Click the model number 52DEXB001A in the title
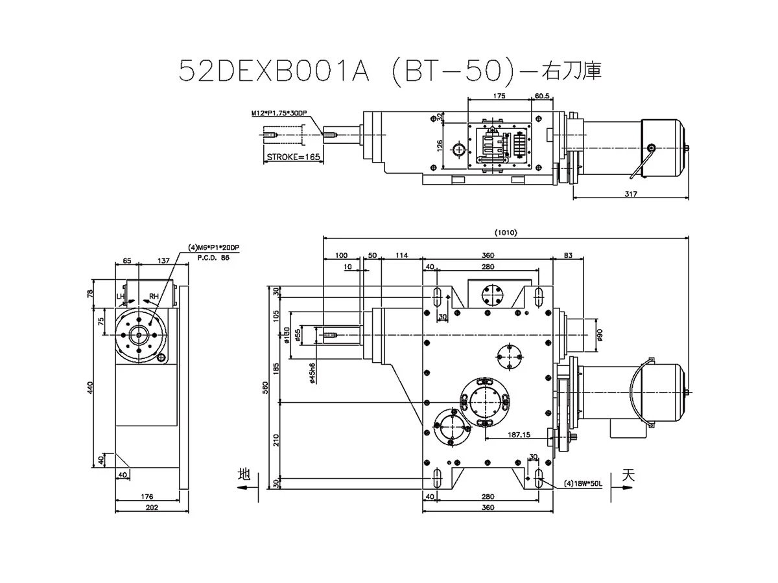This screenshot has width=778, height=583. pos(273,71)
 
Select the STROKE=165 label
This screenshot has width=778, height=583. pos(294,157)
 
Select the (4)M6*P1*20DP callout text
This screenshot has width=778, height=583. pos(213,247)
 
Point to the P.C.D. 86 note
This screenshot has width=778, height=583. pos(213,257)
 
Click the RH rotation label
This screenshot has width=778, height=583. pos(154,297)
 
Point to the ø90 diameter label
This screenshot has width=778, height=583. pos(600,334)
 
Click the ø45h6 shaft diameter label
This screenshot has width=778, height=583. pos(312,373)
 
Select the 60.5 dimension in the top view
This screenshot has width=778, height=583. pos(542,95)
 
